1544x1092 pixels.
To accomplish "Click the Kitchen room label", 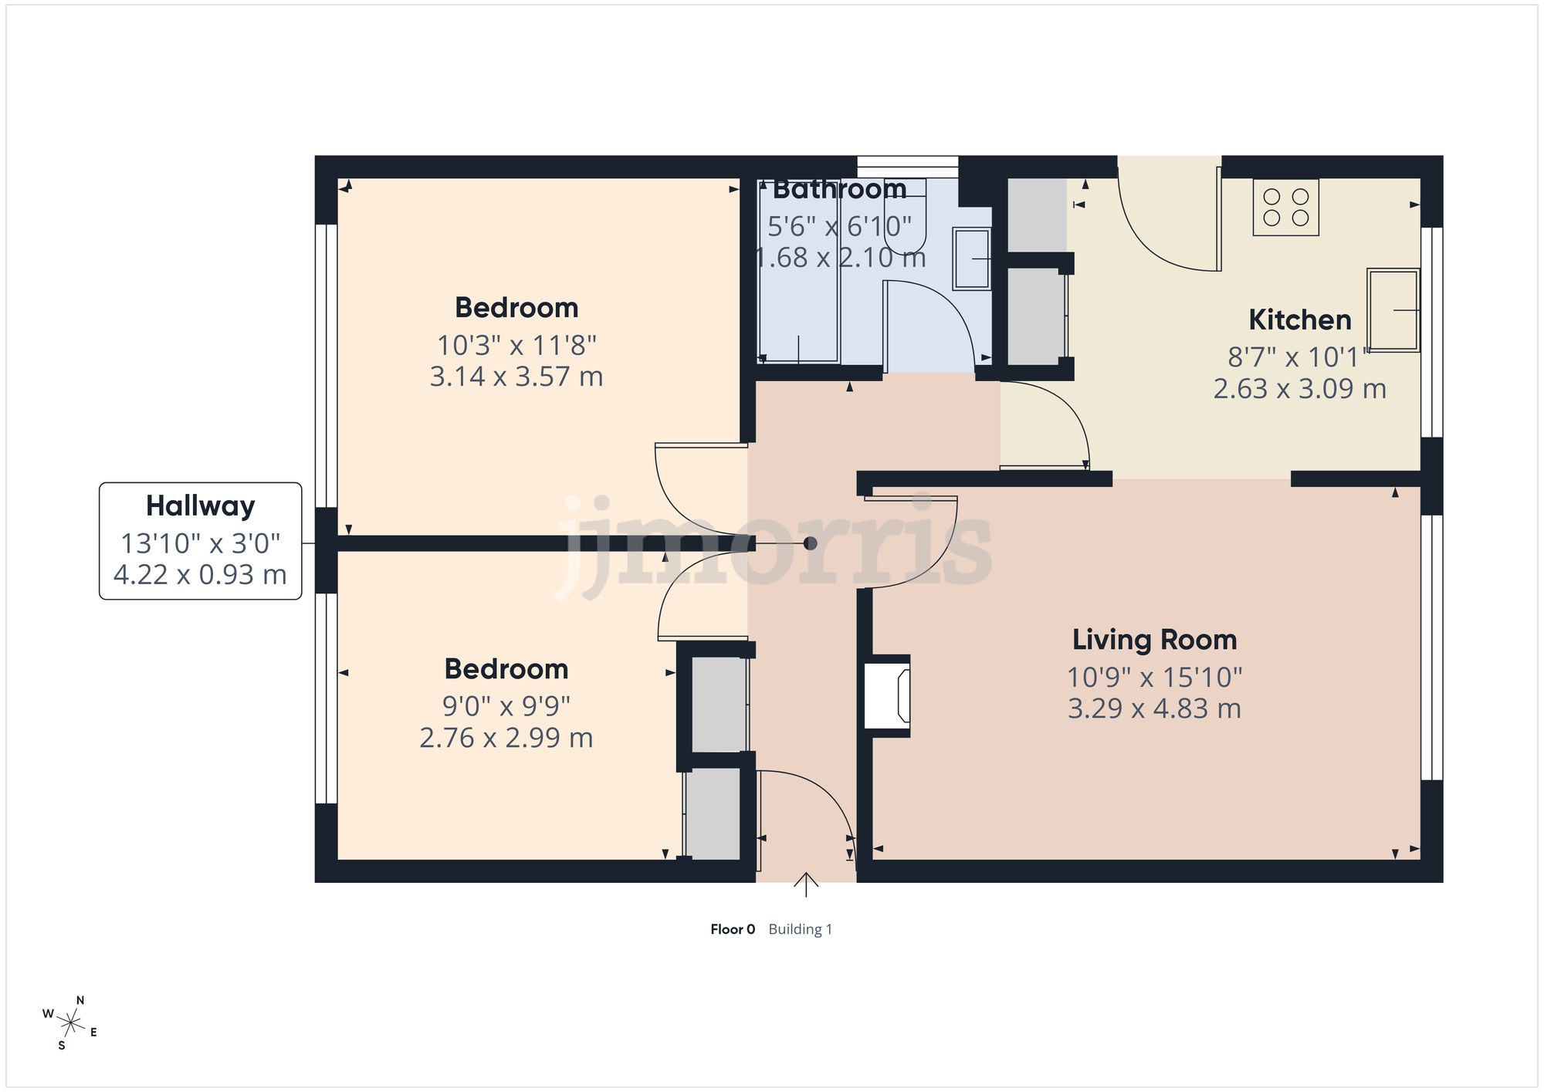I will click(1299, 319).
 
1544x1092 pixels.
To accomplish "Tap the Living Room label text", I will click(1154, 639).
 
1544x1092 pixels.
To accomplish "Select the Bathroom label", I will click(839, 189).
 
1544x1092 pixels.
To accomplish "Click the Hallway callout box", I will click(200, 540).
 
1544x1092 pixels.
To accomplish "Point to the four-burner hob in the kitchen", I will click(1285, 208).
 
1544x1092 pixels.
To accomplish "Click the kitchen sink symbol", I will click(1393, 309).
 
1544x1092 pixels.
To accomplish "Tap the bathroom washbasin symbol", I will click(971, 259).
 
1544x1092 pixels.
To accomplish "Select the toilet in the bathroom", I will click(905, 228).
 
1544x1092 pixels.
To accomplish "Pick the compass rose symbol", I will click(70, 1023).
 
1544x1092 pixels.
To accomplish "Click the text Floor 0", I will click(732, 929).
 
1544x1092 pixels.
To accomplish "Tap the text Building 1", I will click(800, 929).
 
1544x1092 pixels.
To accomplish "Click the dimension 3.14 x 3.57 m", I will click(516, 377).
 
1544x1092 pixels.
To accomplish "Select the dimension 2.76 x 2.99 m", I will click(506, 738).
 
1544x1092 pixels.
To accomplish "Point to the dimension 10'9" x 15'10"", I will click(1154, 677).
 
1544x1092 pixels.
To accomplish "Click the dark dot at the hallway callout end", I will click(810, 543).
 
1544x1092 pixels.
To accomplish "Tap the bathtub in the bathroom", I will click(797, 278).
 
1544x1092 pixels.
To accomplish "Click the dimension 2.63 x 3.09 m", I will click(1299, 388).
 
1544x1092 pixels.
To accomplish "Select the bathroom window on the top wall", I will click(907, 167).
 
